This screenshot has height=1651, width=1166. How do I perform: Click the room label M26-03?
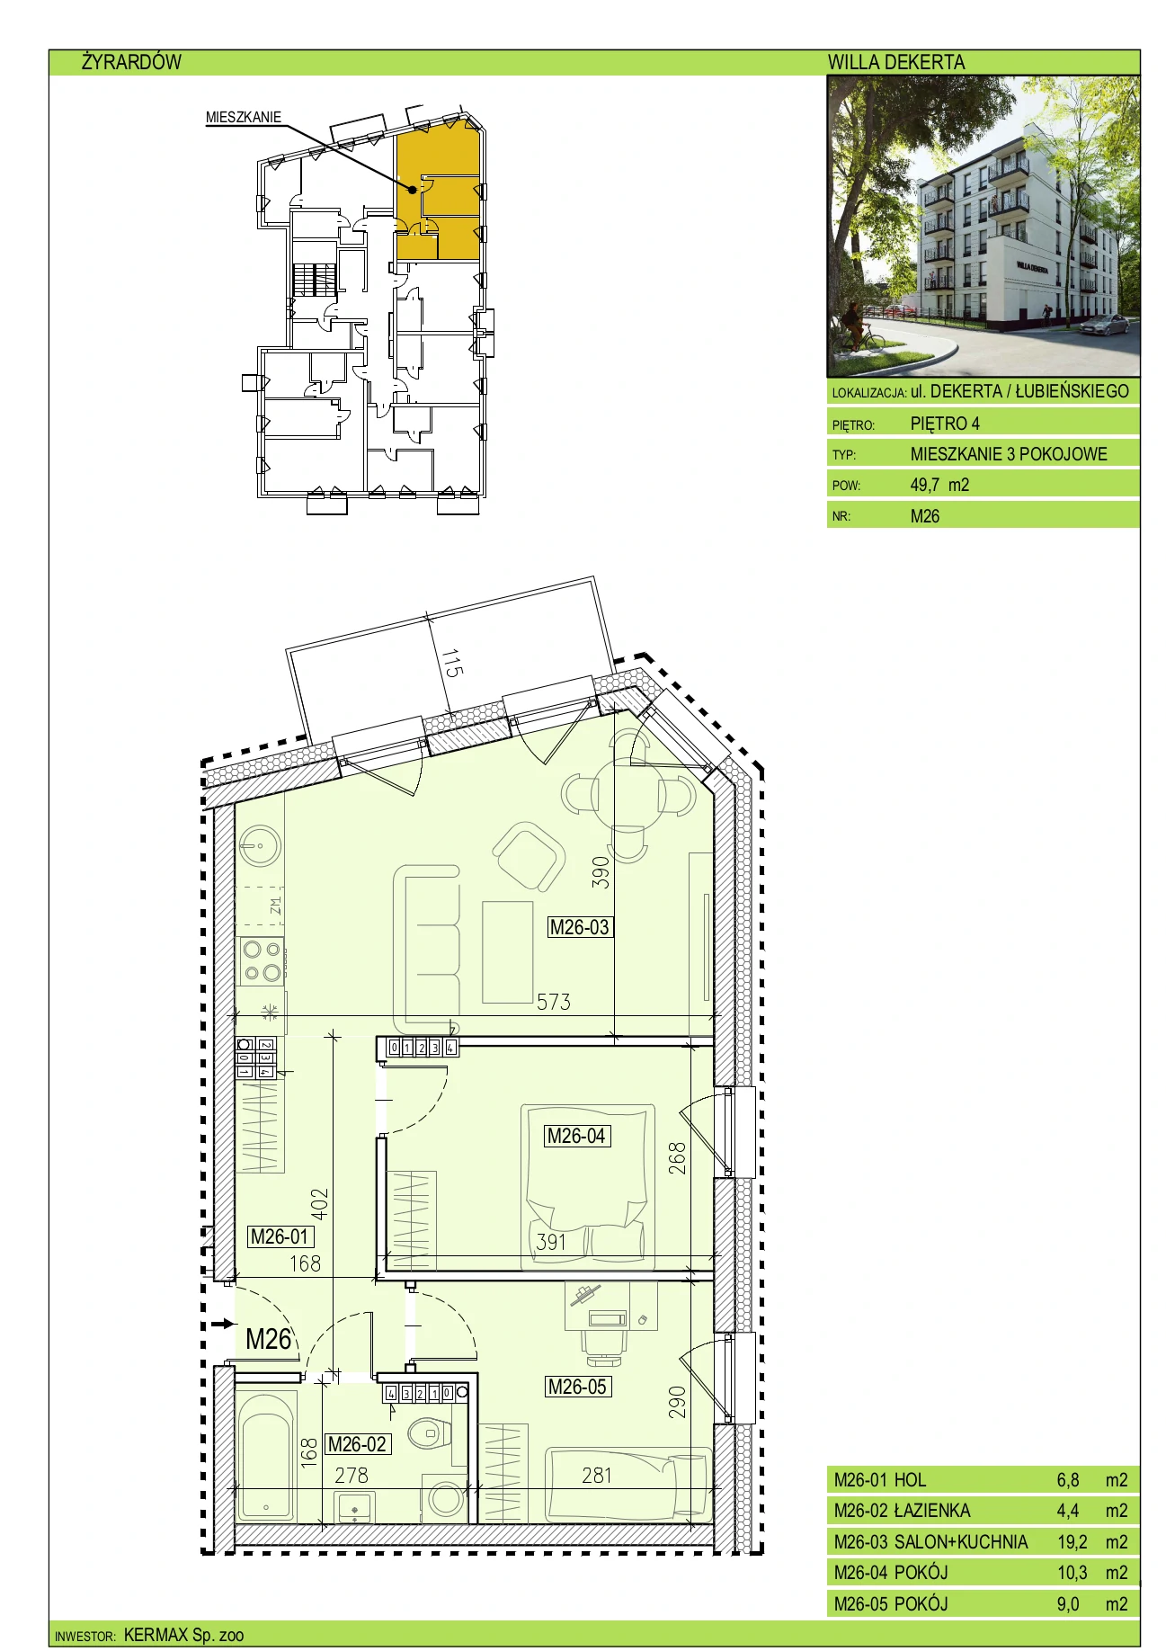[580, 927]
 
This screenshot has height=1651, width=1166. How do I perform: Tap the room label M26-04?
[576, 1136]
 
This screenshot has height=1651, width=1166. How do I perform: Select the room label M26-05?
[577, 1387]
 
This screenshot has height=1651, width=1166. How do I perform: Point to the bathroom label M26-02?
[357, 1444]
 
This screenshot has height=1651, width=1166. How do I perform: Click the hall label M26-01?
[280, 1236]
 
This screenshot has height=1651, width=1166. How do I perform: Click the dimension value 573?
[554, 1002]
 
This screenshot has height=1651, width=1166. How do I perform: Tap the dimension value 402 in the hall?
[319, 1204]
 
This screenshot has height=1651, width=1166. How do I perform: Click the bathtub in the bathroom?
[266, 1456]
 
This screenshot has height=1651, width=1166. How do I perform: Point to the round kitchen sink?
[260, 846]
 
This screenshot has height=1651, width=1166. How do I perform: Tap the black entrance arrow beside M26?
[222, 1324]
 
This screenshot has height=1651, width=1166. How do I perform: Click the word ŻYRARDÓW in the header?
[131, 62]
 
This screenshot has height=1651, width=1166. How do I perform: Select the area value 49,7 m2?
[939, 485]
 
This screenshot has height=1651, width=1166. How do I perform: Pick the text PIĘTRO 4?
[945, 424]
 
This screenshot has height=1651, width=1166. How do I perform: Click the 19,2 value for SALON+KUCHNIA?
[1072, 1541]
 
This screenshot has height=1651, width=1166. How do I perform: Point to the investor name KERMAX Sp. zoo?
[183, 1635]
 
